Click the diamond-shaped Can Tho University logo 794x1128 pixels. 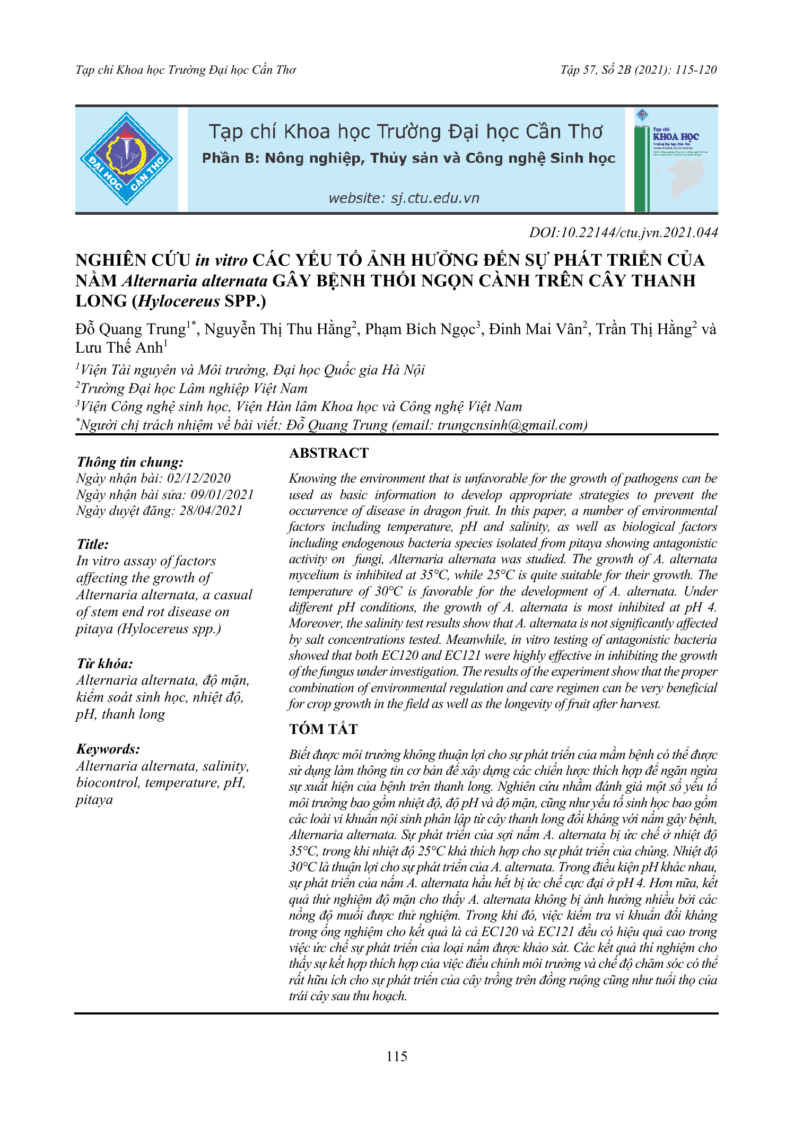coord(126,159)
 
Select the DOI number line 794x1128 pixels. coord(623,232)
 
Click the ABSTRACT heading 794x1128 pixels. coord(329,453)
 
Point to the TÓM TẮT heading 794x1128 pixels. coord(324,729)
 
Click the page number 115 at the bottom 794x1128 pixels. coord(397,1056)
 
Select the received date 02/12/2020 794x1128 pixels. coord(199,478)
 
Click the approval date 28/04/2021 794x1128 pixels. coord(211,511)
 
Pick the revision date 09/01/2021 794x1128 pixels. coord(222,495)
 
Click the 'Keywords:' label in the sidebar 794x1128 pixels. coord(108,749)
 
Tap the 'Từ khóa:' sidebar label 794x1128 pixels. coord(104,663)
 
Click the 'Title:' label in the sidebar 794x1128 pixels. coord(93,544)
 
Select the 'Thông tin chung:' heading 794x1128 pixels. coord(130,462)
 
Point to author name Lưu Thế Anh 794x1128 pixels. coord(119,348)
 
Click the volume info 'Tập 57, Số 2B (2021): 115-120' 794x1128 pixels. coord(639,70)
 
